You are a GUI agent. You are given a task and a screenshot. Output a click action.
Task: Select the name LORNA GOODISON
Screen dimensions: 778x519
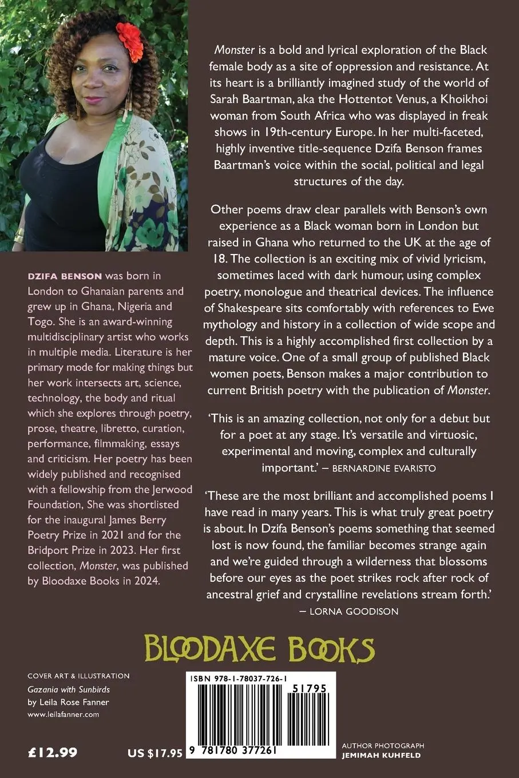(x=353, y=611)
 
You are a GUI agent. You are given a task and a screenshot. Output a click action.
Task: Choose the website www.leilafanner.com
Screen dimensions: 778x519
(x=64, y=715)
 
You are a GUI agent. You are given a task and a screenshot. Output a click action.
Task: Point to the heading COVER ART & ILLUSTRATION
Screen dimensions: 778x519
(x=78, y=676)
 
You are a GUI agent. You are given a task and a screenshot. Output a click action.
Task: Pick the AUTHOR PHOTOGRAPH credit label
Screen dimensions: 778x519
(x=391, y=745)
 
